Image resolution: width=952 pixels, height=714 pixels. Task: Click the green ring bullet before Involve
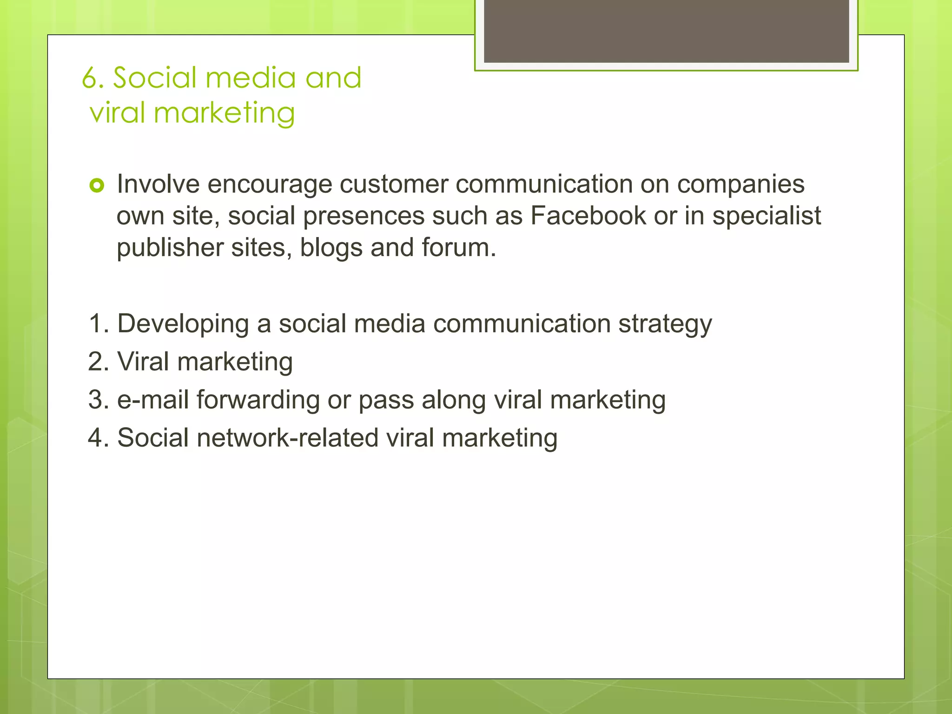click(x=97, y=186)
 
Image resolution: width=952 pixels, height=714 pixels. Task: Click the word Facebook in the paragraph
click(x=588, y=216)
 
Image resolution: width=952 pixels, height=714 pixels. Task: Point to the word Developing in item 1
click(x=183, y=324)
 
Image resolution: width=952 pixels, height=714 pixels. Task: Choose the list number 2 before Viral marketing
click(x=96, y=362)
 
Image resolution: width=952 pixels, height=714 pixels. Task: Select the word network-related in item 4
click(x=287, y=438)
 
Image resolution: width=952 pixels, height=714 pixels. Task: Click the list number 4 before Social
click(x=96, y=438)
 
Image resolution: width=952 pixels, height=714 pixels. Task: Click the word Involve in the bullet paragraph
click(x=158, y=184)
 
